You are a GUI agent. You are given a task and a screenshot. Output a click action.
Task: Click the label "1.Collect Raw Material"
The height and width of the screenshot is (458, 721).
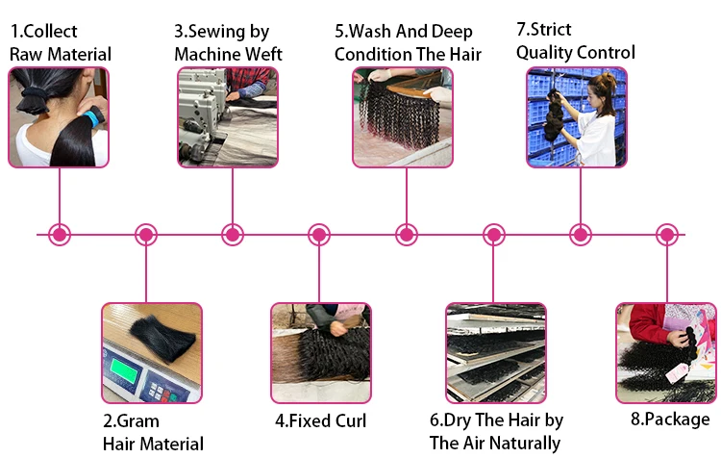[61, 42]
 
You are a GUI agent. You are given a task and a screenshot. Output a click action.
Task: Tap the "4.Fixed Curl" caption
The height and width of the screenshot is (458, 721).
[320, 420]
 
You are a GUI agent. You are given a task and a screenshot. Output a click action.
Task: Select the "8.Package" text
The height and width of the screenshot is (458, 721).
[670, 420]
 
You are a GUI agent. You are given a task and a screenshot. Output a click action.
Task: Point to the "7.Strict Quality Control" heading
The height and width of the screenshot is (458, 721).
[576, 41]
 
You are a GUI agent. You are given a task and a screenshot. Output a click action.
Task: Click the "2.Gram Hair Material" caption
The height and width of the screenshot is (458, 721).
[153, 432]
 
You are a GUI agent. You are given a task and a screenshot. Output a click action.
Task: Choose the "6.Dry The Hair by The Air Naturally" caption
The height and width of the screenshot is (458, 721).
[496, 431]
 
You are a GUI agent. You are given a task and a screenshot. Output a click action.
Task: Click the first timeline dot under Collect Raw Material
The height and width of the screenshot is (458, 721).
[60, 235]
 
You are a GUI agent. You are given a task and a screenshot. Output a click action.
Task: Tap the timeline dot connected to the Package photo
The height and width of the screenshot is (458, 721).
[667, 235]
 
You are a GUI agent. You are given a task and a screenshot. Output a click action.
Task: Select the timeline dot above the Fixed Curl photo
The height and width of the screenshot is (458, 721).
[319, 235]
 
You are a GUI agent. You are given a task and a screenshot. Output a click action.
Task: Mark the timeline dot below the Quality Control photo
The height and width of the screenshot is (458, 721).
[581, 235]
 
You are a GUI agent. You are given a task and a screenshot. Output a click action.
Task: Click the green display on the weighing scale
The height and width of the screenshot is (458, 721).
[124, 370]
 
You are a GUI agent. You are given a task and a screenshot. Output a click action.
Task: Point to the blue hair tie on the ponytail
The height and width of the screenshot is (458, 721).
[94, 117]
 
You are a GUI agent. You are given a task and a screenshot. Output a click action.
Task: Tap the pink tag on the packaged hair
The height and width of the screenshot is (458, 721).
[678, 372]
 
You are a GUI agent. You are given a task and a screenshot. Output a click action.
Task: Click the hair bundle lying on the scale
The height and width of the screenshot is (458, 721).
[163, 339]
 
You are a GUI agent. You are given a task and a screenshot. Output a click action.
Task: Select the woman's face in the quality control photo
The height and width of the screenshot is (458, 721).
[594, 94]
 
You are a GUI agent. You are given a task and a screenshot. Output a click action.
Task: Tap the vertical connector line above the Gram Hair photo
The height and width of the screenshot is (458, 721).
[146, 274]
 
